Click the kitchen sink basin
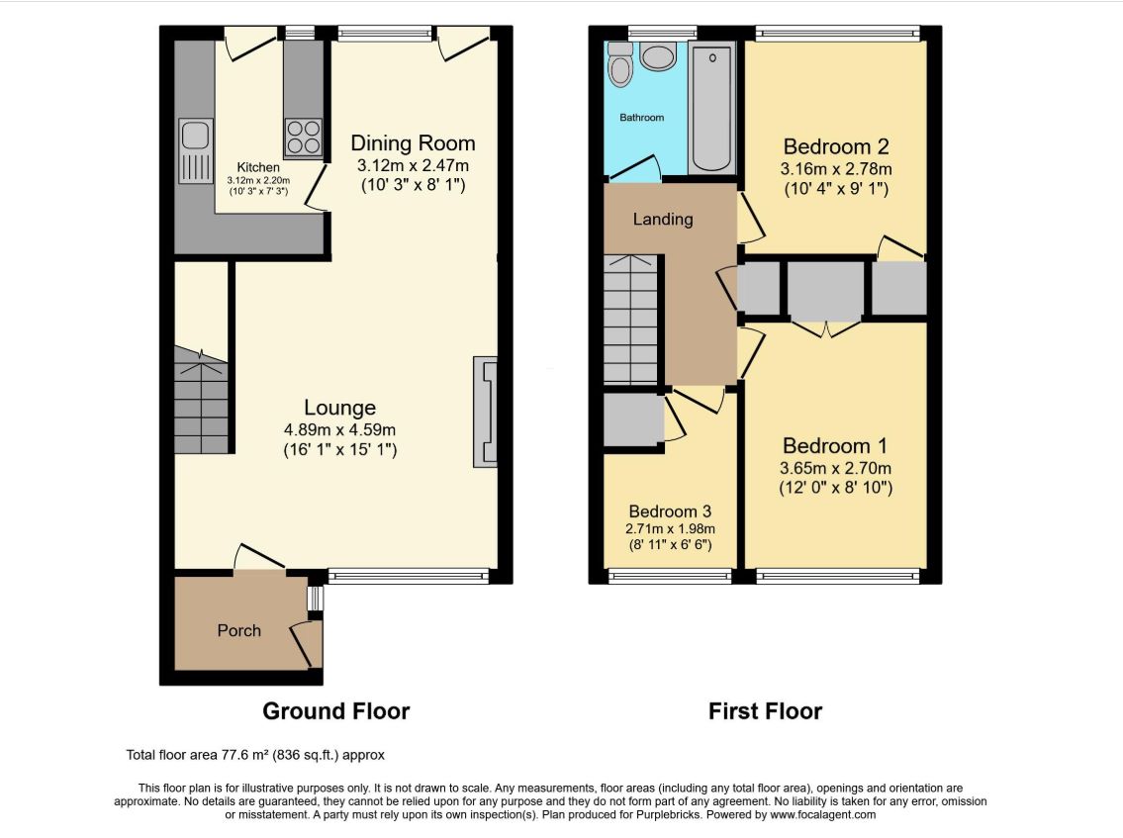(195, 135)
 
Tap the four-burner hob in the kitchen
(304, 137)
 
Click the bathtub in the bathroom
(712, 108)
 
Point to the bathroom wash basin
(658, 55)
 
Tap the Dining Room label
(413, 143)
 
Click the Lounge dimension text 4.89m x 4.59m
(339, 429)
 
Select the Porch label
(239, 630)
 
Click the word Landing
(663, 220)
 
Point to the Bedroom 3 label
(670, 512)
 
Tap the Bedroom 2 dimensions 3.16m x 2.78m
(836, 169)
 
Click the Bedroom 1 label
(835, 445)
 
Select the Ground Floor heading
(335, 710)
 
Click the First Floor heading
(765, 710)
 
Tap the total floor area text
(255, 755)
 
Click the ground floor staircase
(201, 401)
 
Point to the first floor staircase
(631, 319)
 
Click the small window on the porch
(315, 599)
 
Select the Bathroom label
(642, 118)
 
